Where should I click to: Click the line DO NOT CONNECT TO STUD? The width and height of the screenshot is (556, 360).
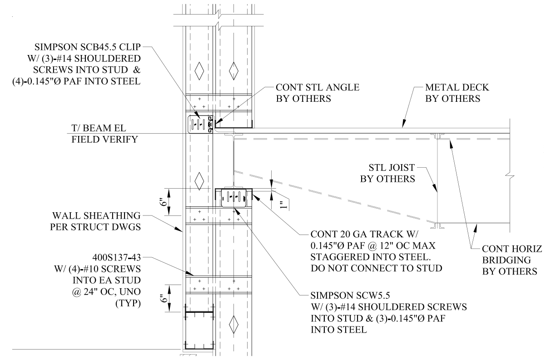[376, 268]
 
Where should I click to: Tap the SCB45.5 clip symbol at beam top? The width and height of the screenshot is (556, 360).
[200, 124]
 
